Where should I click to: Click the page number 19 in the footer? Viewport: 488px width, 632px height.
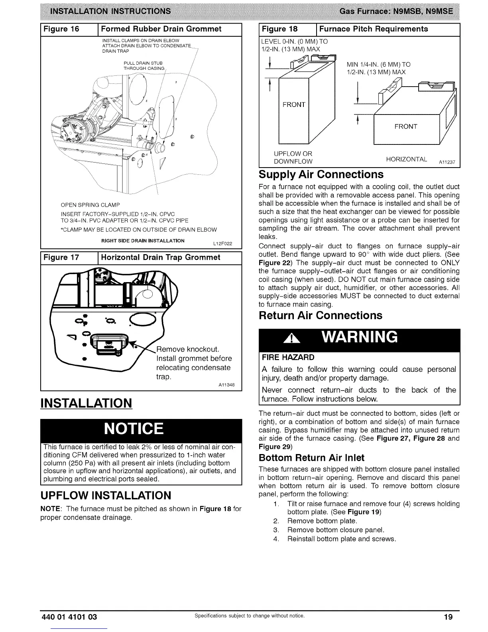click(x=448, y=617)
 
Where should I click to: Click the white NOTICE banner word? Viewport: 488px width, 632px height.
click(x=134, y=429)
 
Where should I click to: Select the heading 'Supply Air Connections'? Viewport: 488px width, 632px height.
click(x=321, y=174)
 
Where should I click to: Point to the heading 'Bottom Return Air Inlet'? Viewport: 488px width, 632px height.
click(x=311, y=457)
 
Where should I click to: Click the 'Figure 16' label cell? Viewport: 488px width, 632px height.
click(x=61, y=29)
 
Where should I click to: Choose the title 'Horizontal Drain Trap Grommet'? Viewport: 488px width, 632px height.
click(x=161, y=257)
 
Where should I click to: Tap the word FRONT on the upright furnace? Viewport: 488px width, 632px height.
click(x=293, y=105)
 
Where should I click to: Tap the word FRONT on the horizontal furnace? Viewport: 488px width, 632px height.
click(x=405, y=126)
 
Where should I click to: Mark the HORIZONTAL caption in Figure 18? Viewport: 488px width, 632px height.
click(x=406, y=160)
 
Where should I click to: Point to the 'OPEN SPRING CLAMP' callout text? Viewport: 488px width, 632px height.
click(x=90, y=205)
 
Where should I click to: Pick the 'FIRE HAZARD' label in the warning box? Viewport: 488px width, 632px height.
click(x=288, y=357)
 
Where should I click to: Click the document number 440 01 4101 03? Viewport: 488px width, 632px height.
click(x=69, y=617)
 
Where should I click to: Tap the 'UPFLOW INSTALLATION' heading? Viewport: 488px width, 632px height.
click(x=106, y=495)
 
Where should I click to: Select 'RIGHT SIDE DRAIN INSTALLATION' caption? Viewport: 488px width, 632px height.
click(x=143, y=241)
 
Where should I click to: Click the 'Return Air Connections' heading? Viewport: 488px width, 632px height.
click(x=320, y=315)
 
